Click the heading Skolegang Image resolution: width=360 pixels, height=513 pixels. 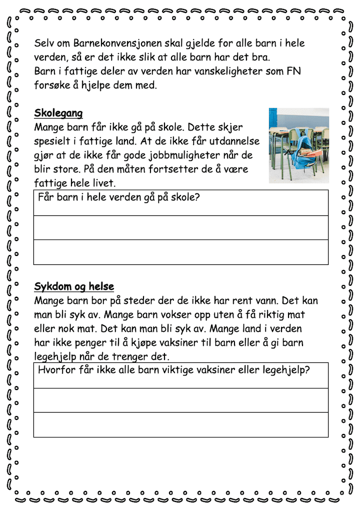click(58, 113)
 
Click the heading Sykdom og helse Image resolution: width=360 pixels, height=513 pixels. click(74, 286)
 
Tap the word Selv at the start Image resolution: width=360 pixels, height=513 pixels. click(44, 43)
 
